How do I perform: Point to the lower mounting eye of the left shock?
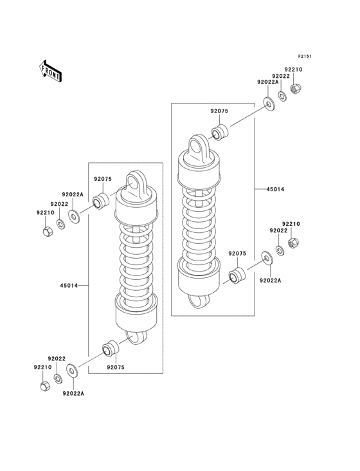136,336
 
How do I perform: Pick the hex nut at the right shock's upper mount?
296,88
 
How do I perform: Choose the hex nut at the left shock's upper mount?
46,230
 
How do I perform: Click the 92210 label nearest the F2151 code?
293,69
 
